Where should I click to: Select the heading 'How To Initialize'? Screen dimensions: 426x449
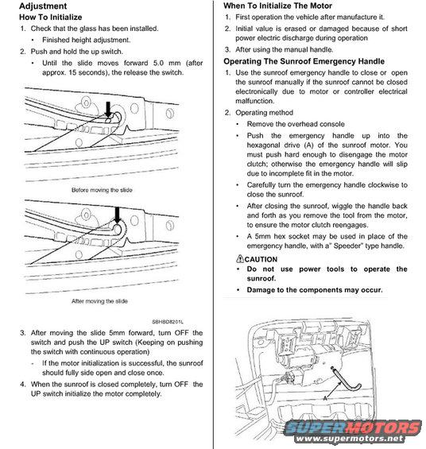50,17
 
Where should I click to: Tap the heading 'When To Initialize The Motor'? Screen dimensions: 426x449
277,6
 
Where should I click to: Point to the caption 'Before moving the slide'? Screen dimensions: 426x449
102,190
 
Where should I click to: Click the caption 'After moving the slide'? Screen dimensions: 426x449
99,301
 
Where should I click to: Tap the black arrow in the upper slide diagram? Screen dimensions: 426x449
108,110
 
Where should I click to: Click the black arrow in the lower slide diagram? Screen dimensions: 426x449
117,215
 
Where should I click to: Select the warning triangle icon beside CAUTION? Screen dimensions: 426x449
240,258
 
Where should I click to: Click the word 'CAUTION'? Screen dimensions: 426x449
261,259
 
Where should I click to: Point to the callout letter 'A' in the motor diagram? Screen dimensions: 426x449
325,398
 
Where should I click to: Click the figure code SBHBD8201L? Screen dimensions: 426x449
168,322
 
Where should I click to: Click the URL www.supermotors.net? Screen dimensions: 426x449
349,439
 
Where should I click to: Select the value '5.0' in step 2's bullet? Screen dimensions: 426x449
159,63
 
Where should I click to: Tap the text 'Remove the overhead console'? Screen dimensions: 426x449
296,124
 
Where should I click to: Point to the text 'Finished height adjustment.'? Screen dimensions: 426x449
86,40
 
